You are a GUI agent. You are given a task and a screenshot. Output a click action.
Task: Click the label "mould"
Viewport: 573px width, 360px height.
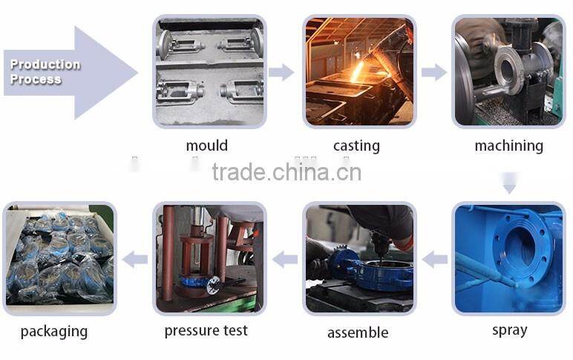pos(207,145)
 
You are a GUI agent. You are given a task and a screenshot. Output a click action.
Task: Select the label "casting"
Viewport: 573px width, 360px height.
pos(356,145)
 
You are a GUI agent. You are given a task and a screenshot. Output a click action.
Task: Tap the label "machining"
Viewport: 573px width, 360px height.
pos(508,145)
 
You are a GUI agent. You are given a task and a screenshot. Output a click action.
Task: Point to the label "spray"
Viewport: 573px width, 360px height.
pos(509,330)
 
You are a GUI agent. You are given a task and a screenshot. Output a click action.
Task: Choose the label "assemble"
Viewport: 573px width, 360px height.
pos(358,333)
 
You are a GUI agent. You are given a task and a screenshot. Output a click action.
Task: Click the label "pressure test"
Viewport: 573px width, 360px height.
pos(206,331)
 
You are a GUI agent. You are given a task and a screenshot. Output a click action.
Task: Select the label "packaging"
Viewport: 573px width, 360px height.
pos(54,332)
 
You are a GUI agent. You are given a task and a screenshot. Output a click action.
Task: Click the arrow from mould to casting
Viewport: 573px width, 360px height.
pos(281,72)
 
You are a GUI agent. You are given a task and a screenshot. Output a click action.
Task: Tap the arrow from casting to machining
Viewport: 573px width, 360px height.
pos(434,72)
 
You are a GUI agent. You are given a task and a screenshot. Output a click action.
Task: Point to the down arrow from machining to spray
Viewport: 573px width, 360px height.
pos(509,183)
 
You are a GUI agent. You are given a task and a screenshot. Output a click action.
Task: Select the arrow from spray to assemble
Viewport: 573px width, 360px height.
pos(435,260)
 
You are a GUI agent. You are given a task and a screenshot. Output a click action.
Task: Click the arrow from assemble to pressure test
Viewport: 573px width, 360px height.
pos(285,260)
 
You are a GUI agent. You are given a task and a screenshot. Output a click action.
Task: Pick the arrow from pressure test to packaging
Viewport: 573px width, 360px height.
pos(135,260)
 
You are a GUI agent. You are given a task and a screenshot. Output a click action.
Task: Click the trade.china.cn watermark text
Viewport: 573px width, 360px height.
pos(286,172)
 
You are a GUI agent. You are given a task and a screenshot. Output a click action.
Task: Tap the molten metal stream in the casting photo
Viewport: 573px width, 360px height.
pos(357,71)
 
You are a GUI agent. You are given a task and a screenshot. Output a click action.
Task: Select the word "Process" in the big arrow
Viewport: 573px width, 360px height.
pos(36,79)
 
